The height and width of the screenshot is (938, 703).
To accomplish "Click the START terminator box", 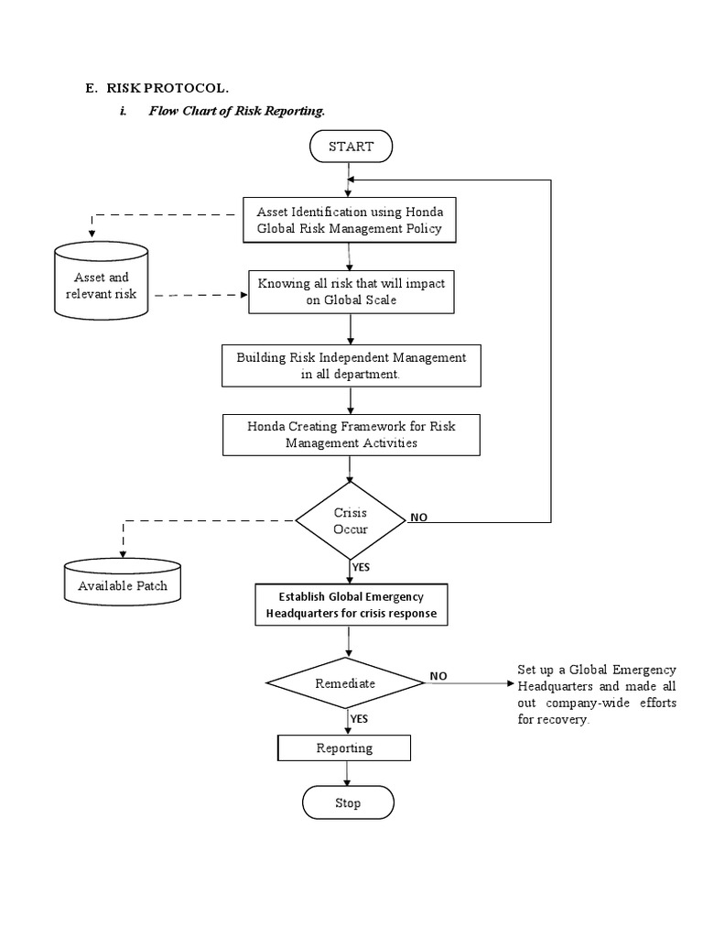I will click(351, 146).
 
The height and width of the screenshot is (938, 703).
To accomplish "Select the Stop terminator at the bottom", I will click(348, 803).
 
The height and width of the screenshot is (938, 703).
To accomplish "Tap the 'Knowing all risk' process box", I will click(351, 291).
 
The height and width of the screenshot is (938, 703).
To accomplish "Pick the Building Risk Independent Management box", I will click(351, 365).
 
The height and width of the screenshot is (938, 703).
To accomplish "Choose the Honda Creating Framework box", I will click(351, 434).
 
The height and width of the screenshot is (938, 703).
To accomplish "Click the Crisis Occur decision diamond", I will click(350, 520).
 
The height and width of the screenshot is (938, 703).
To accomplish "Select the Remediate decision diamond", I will click(345, 682).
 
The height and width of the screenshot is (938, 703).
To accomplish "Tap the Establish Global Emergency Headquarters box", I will click(351, 605).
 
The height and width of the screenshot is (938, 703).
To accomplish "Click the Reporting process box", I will click(344, 748).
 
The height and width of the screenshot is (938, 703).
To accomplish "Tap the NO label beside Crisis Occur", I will click(418, 518).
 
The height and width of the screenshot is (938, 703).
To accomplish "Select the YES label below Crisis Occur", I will click(361, 568).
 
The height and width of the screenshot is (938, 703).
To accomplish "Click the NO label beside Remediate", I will click(438, 676).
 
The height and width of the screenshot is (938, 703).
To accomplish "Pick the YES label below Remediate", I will click(359, 719).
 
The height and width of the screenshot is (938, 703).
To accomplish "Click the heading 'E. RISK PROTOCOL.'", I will click(157, 88).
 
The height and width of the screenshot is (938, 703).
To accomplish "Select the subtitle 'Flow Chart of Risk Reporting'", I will click(236, 111).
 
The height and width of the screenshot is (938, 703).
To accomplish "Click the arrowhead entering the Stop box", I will click(347, 783).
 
